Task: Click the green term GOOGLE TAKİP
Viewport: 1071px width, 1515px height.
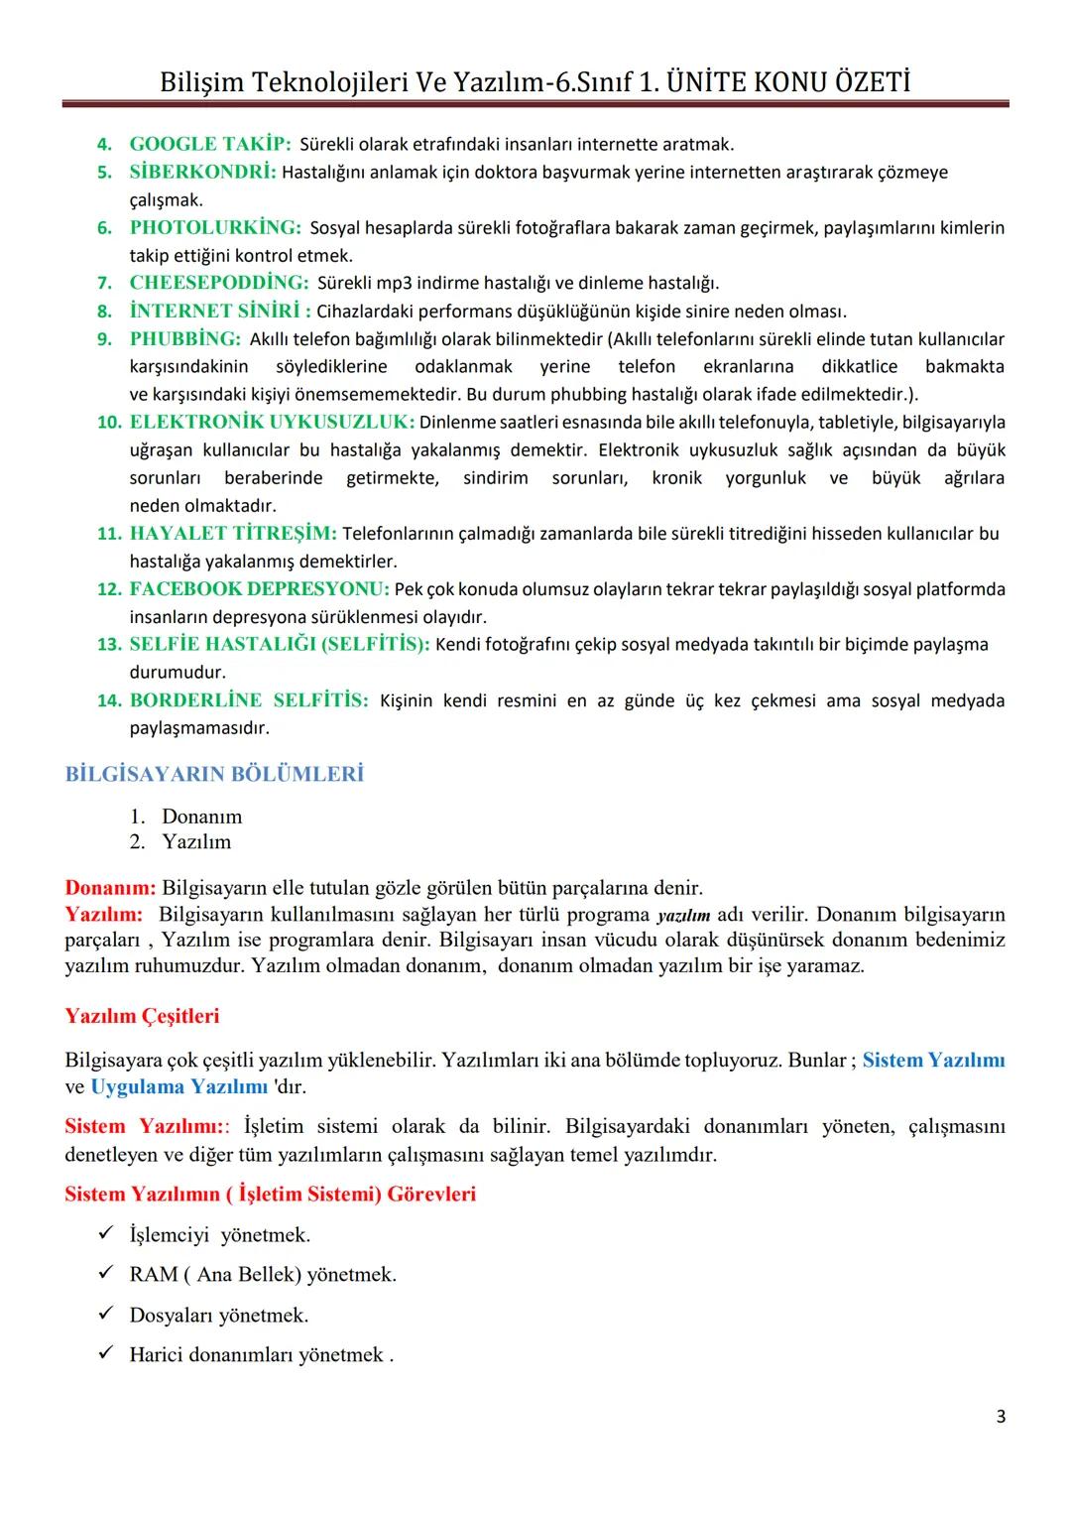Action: pyautogui.click(x=209, y=144)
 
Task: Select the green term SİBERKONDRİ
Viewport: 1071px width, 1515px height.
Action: pyautogui.click(x=202, y=172)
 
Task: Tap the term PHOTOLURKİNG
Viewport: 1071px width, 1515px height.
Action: pyautogui.click(x=215, y=227)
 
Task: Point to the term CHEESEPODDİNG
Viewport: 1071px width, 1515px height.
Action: pyautogui.click(x=219, y=283)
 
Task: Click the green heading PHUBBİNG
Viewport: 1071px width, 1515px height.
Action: pyautogui.click(x=184, y=338)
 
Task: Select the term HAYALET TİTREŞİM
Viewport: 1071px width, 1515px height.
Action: pyautogui.click(x=233, y=533)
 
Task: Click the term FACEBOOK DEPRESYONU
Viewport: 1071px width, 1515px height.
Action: pyautogui.click(x=259, y=588)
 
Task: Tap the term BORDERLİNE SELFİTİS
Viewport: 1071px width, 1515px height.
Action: pyautogui.click(x=249, y=700)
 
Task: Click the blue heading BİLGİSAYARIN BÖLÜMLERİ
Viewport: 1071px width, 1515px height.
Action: pyautogui.click(x=214, y=774)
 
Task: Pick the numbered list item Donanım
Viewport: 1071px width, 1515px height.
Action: pyautogui.click(x=201, y=817)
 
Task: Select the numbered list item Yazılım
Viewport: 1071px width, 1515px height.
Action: pyautogui.click(x=196, y=841)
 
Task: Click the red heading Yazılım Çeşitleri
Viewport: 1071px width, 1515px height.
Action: pyautogui.click(x=142, y=1016)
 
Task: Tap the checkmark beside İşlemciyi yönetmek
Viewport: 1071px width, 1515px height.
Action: pyautogui.click(x=106, y=1234)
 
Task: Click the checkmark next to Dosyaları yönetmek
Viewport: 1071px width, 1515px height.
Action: pyautogui.click(x=106, y=1315)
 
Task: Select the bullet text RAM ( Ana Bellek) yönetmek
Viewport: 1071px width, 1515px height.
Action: pyautogui.click(x=263, y=1274)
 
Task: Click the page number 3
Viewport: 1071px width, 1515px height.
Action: pyautogui.click(x=1001, y=1417)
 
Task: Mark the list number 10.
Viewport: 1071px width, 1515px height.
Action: pyautogui.click(x=108, y=422)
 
